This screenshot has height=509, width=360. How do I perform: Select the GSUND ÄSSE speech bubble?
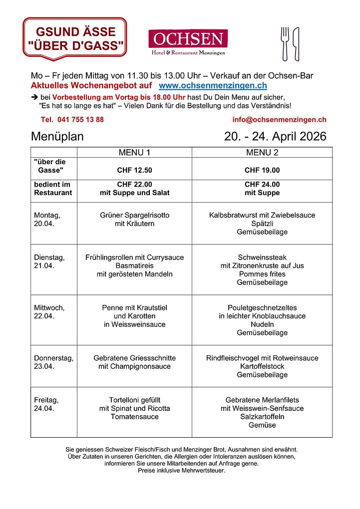click(x=75, y=39)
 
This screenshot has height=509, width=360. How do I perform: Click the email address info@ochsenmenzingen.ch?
click(x=279, y=120)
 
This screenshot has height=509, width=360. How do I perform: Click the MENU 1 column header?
click(x=134, y=152)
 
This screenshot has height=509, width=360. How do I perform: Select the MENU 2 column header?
click(x=262, y=152)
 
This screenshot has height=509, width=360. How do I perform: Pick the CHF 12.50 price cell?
click(x=134, y=170)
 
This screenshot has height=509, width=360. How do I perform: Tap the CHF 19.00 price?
click(x=262, y=170)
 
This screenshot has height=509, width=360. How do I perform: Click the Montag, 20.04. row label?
click(x=47, y=220)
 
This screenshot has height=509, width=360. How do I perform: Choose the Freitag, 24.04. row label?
click(x=46, y=404)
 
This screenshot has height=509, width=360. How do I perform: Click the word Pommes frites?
click(x=262, y=274)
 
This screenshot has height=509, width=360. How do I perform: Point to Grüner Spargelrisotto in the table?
click(x=134, y=216)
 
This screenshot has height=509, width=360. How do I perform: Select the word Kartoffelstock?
click(x=262, y=366)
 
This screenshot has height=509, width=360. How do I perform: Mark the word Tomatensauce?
click(x=134, y=417)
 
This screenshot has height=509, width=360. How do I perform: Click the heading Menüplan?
click(x=57, y=137)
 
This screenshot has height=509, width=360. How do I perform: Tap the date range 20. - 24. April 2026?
click(x=275, y=137)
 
